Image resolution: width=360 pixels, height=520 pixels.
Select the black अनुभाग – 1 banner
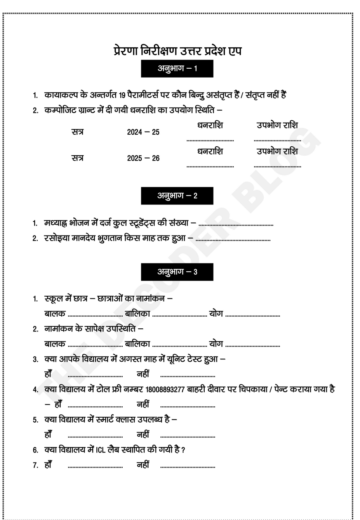pyautogui.click(x=177, y=69)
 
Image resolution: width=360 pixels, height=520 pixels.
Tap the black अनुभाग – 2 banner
pyautogui.click(x=177, y=196)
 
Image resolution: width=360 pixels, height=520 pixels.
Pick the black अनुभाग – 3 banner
pyautogui.click(x=177, y=272)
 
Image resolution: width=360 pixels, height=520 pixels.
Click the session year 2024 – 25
pyautogui.click(x=143, y=132)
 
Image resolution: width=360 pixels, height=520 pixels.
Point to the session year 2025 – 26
pyautogui.click(x=143, y=158)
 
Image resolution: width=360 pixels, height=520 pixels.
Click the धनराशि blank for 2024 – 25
pyautogui.click(x=210, y=140)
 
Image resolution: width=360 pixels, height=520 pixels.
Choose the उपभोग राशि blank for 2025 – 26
pyautogui.click(x=277, y=166)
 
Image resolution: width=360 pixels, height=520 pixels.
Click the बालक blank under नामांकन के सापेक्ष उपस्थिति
pyautogui.click(x=95, y=345)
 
